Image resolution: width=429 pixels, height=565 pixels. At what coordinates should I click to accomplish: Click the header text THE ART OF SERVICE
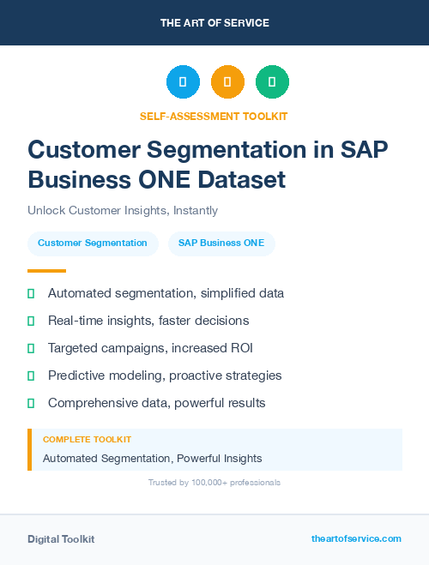pyautogui.click(x=214, y=23)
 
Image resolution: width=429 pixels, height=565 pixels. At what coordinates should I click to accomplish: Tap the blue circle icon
pyautogui.click(x=183, y=82)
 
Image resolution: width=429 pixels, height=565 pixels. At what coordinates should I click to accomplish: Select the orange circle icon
pyautogui.click(x=227, y=82)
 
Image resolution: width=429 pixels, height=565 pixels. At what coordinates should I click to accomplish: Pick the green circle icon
pyautogui.click(x=272, y=82)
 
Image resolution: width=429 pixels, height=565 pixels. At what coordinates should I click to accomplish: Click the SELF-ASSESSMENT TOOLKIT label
pyautogui.click(x=214, y=116)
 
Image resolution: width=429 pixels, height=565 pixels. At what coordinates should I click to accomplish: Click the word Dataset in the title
pyautogui.click(x=241, y=180)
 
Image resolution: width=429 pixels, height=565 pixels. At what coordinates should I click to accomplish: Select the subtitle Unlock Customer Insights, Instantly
pyautogui.click(x=123, y=210)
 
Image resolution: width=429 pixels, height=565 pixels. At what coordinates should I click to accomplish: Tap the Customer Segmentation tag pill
pyautogui.click(x=93, y=243)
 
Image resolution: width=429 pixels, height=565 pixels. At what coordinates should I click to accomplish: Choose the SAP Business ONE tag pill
pyautogui.click(x=221, y=243)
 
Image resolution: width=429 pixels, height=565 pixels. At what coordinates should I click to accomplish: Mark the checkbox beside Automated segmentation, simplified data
pyautogui.click(x=31, y=293)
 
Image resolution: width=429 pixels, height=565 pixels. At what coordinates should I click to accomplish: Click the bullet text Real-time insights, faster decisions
pyautogui.click(x=148, y=321)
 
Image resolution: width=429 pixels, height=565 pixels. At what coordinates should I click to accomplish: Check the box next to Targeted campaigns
pyautogui.click(x=31, y=348)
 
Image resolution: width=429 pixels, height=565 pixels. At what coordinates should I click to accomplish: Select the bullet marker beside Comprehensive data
pyautogui.click(x=31, y=403)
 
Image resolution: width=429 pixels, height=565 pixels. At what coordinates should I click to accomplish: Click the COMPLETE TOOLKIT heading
pyautogui.click(x=87, y=439)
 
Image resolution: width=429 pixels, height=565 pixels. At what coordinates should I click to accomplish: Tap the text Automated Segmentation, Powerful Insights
pyautogui.click(x=153, y=458)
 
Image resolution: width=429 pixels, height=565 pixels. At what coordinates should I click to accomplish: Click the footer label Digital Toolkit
pyautogui.click(x=61, y=539)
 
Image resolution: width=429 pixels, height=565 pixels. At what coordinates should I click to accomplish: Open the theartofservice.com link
pyautogui.click(x=356, y=538)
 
